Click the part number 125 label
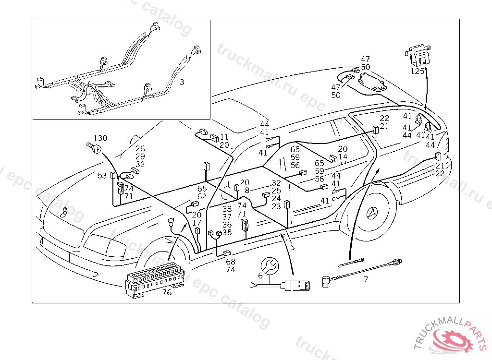tap(418, 71)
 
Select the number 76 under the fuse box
tap(166, 292)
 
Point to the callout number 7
tap(366, 279)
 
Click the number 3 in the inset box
tap(181, 82)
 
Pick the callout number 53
tap(102, 176)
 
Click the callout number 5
tap(292, 248)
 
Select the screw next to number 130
tap(95, 147)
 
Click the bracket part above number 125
tap(417, 54)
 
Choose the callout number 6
tap(260, 276)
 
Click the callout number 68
tap(231, 262)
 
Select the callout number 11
tap(224, 137)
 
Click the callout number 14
tap(343, 156)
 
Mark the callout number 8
tap(247, 190)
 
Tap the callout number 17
tap(197, 223)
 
